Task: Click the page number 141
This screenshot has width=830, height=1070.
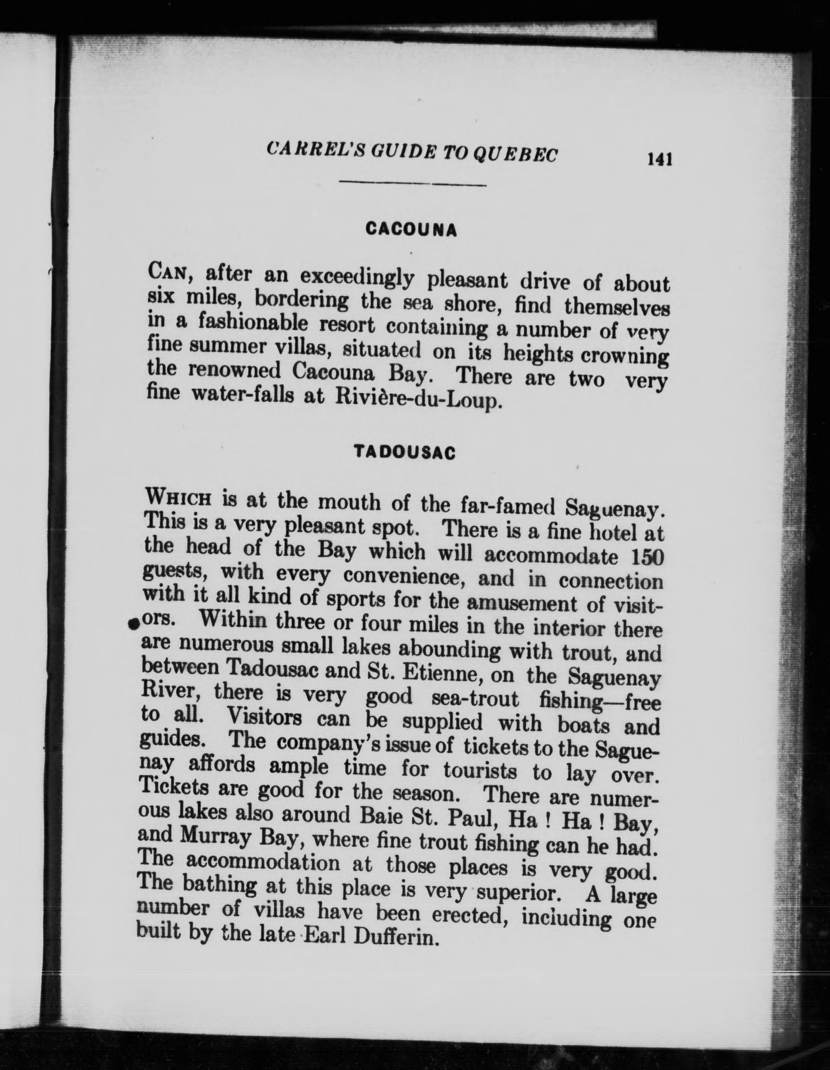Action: pos(660,159)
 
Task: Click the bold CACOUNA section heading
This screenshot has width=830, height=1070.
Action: pos(411,229)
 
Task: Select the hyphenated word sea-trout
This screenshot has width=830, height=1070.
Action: pos(475,698)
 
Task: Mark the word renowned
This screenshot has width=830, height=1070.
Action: pos(234,371)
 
